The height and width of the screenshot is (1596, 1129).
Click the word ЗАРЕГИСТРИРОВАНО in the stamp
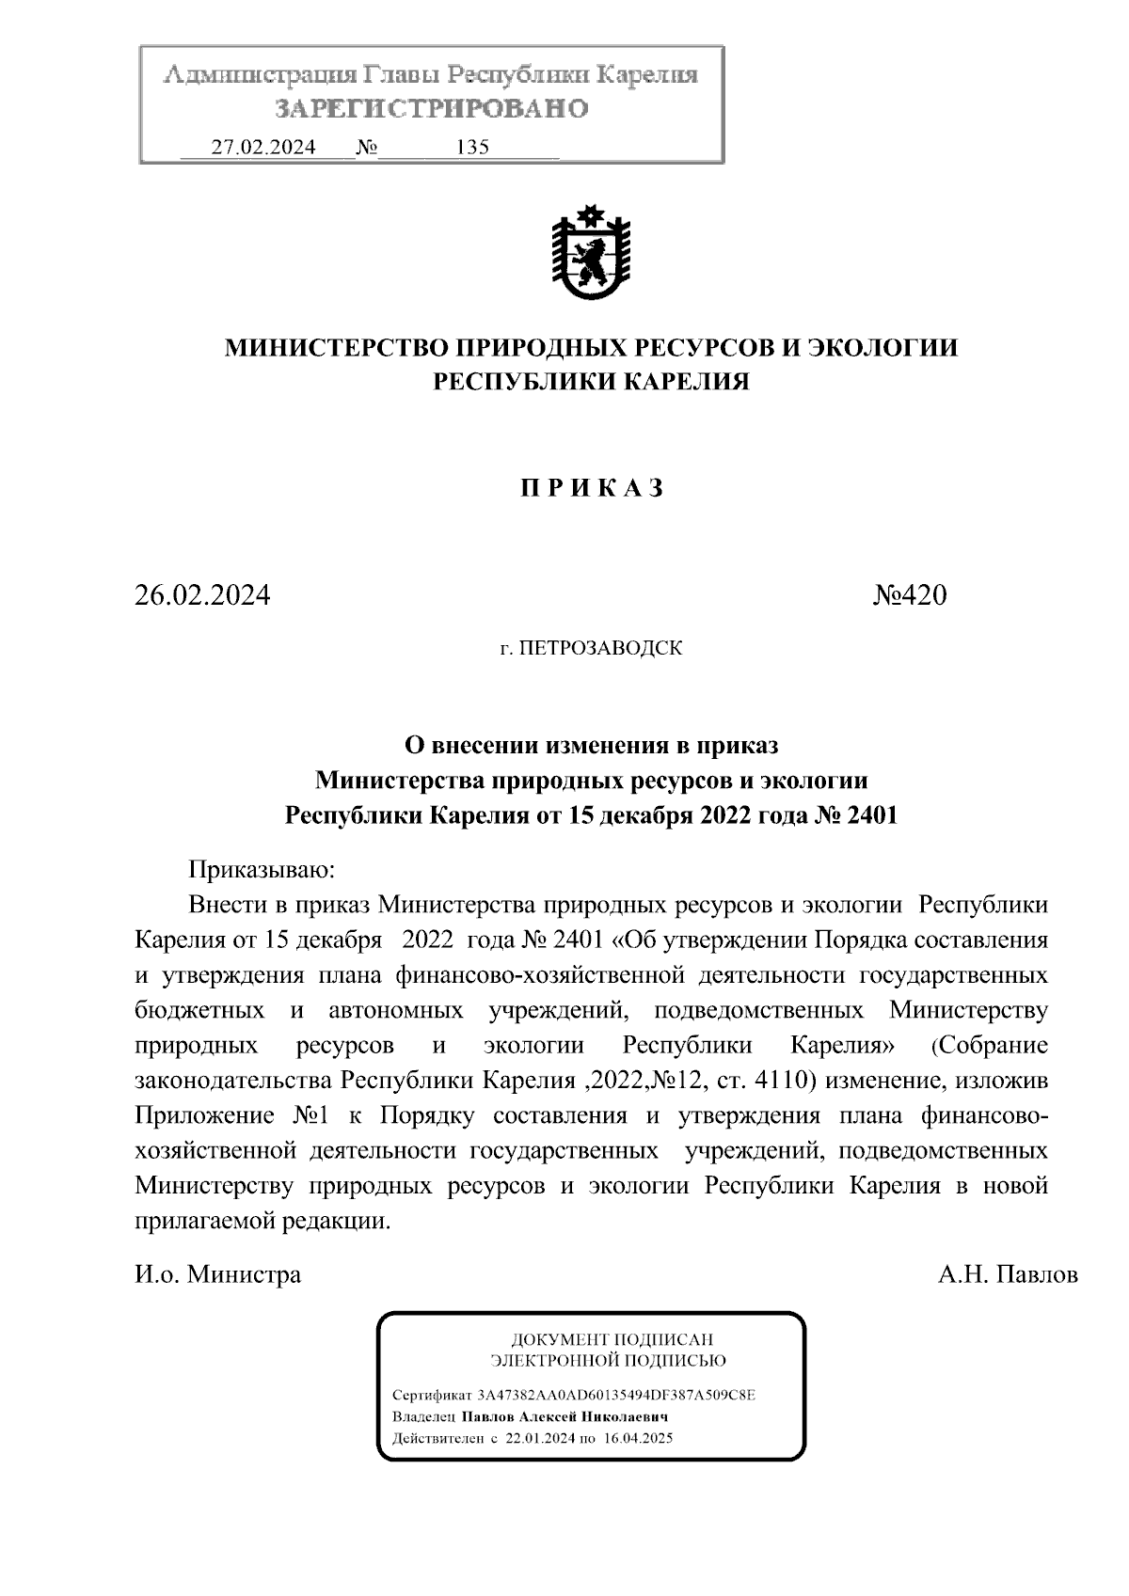click(x=432, y=109)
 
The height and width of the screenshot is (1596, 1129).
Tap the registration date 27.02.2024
click(x=263, y=148)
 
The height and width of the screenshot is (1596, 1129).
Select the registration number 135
click(x=472, y=148)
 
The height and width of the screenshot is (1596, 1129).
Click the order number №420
click(x=910, y=595)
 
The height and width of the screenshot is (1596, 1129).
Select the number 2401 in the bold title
click(x=872, y=815)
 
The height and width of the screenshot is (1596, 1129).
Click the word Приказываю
click(x=261, y=870)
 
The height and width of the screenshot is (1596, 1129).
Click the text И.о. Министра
click(x=218, y=1275)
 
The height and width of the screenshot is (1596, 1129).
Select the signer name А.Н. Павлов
click(x=1008, y=1275)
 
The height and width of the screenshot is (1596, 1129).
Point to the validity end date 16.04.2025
click(x=635, y=1439)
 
